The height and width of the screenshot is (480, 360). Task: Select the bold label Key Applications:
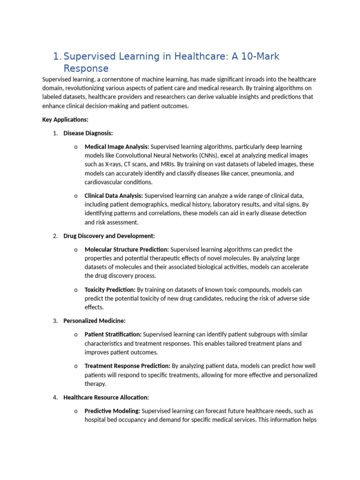(x=65, y=120)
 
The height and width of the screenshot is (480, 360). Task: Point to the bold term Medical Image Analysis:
(x=117, y=147)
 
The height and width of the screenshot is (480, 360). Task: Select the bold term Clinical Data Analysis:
(x=114, y=195)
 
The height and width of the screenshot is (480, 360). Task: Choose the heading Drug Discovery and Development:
(x=109, y=236)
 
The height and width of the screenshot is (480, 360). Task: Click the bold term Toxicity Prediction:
(x=110, y=290)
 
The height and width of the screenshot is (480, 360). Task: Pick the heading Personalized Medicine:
(x=95, y=321)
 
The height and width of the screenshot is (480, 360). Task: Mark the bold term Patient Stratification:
(x=113, y=335)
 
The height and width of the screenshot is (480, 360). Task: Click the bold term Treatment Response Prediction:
(x=127, y=366)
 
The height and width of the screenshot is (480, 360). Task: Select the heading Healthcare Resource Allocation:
(x=106, y=397)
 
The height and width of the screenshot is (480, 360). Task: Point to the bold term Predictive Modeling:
(x=112, y=411)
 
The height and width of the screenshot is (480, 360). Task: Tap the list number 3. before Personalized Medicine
(x=55, y=321)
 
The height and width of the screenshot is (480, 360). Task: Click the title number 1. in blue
(x=57, y=57)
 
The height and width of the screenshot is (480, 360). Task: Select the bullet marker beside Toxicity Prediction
(x=75, y=290)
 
